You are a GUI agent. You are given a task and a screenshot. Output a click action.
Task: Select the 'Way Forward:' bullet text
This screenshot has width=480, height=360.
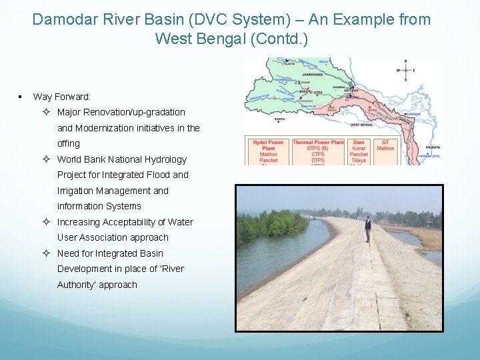click(62, 97)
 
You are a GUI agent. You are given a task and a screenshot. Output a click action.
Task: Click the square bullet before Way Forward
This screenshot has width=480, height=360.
click(21, 97)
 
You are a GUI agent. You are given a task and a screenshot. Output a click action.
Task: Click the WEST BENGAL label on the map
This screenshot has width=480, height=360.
click(361, 125)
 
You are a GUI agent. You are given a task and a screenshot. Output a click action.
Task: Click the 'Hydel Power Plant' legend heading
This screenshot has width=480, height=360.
click(268, 145)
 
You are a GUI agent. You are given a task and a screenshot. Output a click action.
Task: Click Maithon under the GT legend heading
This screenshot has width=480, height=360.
click(385, 148)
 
